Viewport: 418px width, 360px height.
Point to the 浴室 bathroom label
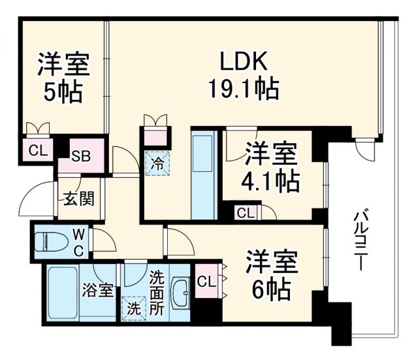coord(97,290)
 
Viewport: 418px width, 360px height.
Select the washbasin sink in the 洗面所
coord(181,289)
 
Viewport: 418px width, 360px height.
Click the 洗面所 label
coord(157,292)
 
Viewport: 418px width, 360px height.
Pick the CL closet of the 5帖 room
coord(37,150)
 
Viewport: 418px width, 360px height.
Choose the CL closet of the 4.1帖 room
coord(246,212)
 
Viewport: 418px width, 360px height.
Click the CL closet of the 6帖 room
coord(206,282)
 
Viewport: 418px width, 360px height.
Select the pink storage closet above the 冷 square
coord(157,138)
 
